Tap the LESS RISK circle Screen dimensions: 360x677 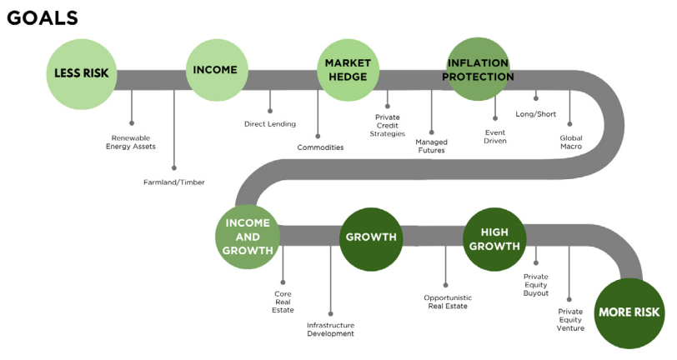coord(81,72)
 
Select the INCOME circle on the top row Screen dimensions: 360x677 coord(215,70)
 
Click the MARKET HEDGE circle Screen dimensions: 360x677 coord(348,70)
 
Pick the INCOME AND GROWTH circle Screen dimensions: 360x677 coord(247,237)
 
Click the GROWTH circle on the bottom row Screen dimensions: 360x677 coord(371,237)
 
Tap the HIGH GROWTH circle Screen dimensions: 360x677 coord(494,239)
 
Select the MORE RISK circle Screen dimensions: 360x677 coord(629,312)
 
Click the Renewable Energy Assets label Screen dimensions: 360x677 coord(132,142)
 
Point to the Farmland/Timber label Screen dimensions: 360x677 coord(174,182)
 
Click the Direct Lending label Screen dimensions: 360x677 coord(269,124)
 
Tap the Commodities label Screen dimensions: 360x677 coord(320,147)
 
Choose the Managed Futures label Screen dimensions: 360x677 coord(431,146)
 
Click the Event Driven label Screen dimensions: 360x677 coord(495,137)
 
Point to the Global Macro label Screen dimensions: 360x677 coord(570,142)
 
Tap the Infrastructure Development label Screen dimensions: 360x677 coord(330,329)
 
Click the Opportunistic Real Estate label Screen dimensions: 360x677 coord(448,302)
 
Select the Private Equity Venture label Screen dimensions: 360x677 coord(570,319)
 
